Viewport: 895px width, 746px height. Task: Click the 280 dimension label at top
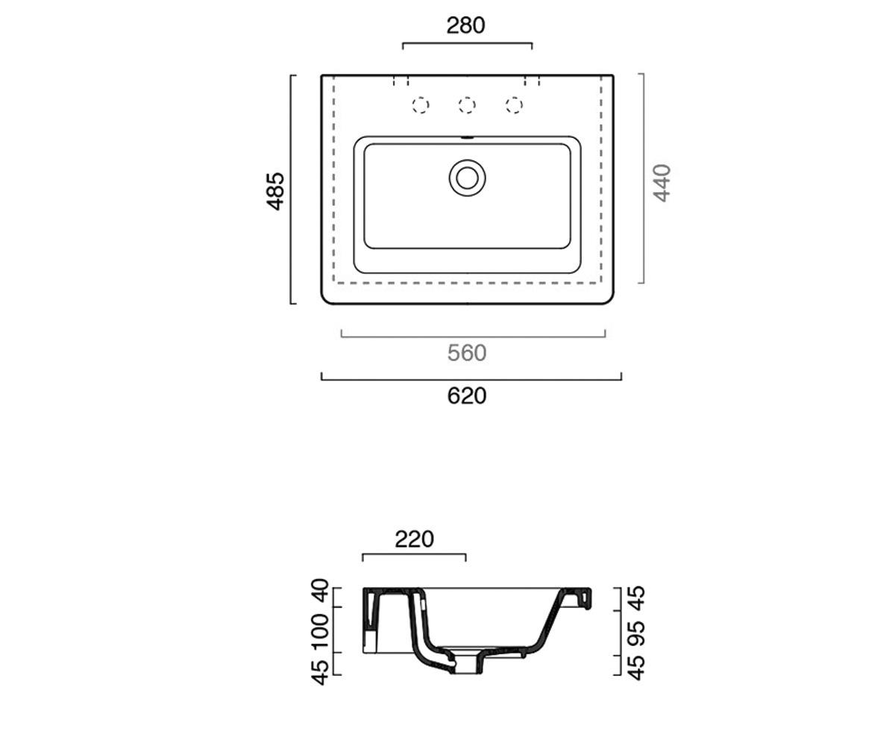465,25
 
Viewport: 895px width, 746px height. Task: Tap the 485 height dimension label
276,191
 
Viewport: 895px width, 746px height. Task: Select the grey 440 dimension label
662,183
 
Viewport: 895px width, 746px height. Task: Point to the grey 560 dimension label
467,354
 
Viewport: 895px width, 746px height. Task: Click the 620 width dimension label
467,395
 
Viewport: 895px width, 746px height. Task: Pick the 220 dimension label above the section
414,539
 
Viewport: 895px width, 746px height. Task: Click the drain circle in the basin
467,178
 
